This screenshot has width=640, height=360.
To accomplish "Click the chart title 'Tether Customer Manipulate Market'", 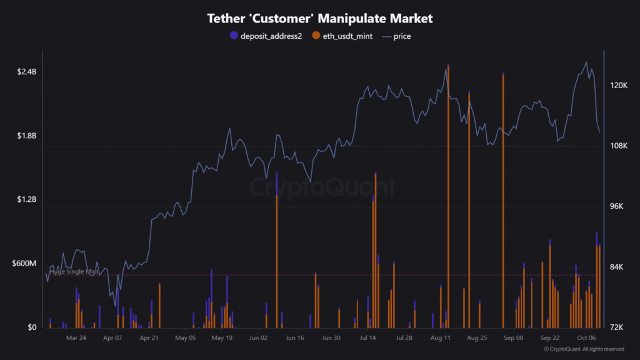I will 320,19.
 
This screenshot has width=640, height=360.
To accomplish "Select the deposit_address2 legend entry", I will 266,36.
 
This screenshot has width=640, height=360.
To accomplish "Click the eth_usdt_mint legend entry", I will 343,36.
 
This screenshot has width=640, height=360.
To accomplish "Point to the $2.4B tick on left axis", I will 27,72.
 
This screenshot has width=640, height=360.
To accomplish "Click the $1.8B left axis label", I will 27,136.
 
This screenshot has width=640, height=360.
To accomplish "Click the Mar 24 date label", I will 76,337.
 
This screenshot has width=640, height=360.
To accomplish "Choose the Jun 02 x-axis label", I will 258,337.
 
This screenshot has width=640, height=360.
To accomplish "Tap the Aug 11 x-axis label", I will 441,337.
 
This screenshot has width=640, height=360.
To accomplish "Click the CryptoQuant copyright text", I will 584,349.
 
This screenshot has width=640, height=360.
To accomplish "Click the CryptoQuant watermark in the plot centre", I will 323,186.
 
